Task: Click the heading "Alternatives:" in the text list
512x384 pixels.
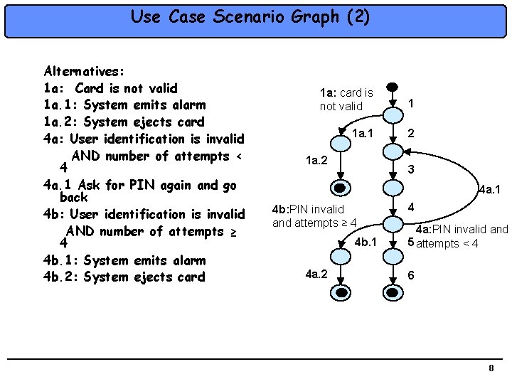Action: (85, 71)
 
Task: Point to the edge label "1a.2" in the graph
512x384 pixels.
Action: (316, 161)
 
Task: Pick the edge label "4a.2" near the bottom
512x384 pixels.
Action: (316, 273)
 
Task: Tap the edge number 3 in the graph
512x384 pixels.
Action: (410, 170)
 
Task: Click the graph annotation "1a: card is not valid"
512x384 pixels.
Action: (346, 100)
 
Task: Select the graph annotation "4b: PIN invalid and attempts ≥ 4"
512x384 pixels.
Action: (314, 216)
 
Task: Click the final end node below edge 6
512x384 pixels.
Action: (392, 292)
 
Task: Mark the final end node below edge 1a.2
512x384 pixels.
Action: (342, 188)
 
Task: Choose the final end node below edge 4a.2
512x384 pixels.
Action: (342, 292)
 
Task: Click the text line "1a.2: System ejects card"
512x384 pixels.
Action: (124, 122)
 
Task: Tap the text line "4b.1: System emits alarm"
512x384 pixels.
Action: (124, 260)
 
